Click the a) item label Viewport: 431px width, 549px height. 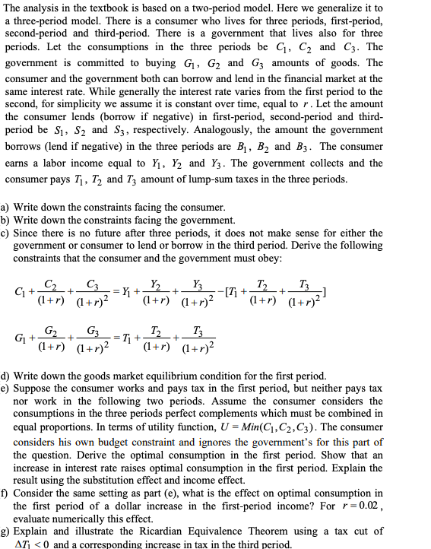pyautogui.click(x=7, y=208)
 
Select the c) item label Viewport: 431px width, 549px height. pyautogui.click(x=7, y=232)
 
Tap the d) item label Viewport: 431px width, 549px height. pyautogui.click(x=7, y=376)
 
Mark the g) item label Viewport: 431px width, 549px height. pyautogui.click(x=7, y=531)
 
